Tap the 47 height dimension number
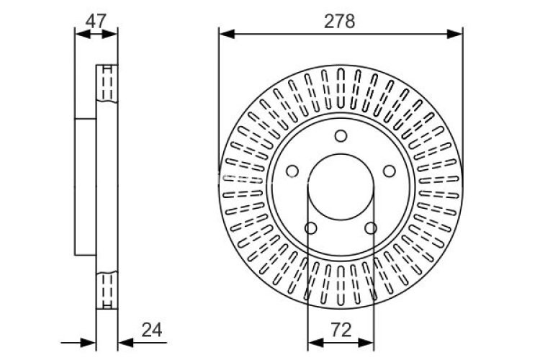click(x=96, y=20)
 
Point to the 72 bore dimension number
click(x=341, y=330)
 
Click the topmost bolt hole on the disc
click(x=341, y=136)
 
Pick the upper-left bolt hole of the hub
click(x=292, y=171)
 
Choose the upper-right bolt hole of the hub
click(x=390, y=171)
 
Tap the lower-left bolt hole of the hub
click(x=310, y=228)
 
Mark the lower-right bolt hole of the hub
click(x=371, y=228)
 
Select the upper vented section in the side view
click(x=107, y=86)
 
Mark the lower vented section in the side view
click(x=107, y=289)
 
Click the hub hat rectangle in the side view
click(x=86, y=186)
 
